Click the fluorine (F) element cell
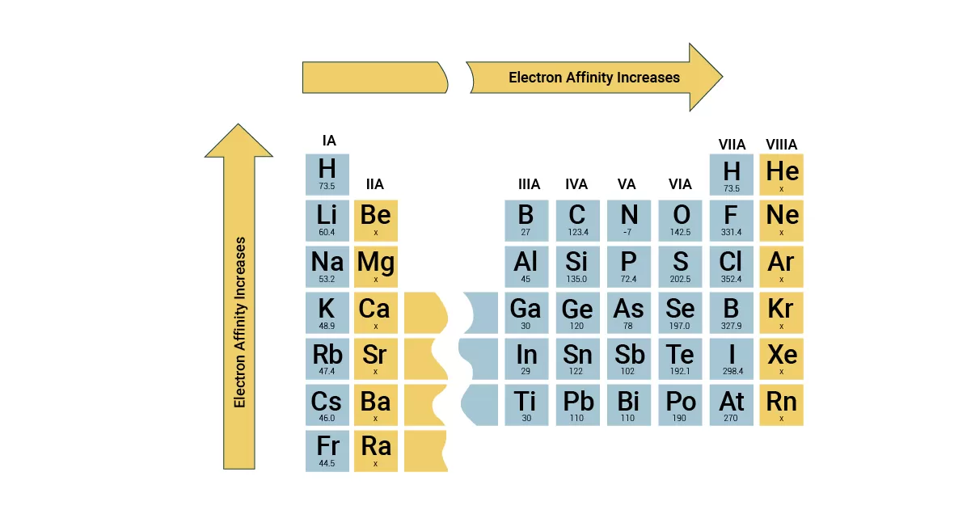click(x=732, y=221)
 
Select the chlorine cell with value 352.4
click(x=732, y=267)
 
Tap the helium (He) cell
click(x=781, y=175)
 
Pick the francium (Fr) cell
click(x=327, y=451)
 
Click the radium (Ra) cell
click(x=376, y=451)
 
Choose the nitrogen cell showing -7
click(x=628, y=221)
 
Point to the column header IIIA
click(x=529, y=184)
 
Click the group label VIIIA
click(x=781, y=145)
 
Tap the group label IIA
click(x=375, y=184)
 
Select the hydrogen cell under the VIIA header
click(x=732, y=175)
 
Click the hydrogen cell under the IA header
click(x=327, y=175)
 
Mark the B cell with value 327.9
click(x=732, y=313)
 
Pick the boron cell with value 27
click(x=526, y=221)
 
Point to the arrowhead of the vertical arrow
click(x=239, y=141)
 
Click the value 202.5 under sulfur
click(x=680, y=279)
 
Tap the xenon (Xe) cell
click(x=781, y=359)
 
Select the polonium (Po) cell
click(x=680, y=405)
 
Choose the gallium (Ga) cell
click(x=526, y=313)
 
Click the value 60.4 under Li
click(x=327, y=232)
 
